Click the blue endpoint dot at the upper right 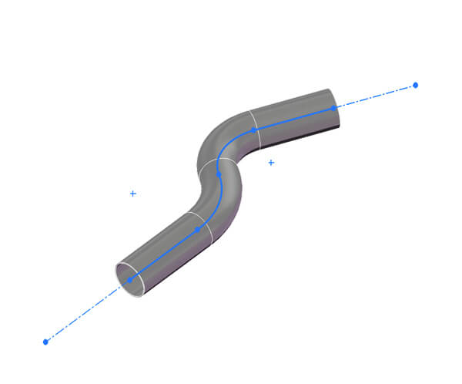point(415,85)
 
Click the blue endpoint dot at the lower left point(45,341)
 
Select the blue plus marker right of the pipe point(271,163)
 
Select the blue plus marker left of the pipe point(133,194)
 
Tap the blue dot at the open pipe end point(129,280)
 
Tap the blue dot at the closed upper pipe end point(333,108)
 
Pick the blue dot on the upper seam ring point(253,130)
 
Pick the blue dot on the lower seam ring point(197,230)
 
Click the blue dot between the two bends point(219,174)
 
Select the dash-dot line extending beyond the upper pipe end point(377,96)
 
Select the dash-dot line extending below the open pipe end point(85,312)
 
